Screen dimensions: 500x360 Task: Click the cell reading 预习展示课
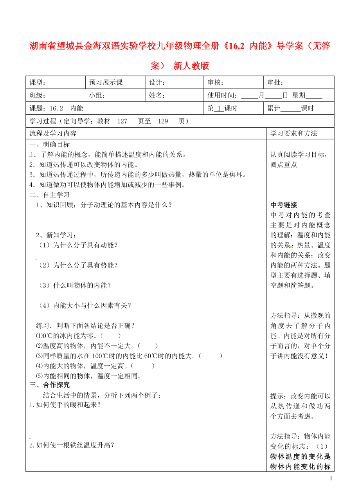pyautogui.click(x=106, y=83)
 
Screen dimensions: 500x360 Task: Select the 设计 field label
pyautogui.click(x=157, y=83)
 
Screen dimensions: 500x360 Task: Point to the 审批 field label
pyautogui.click(x=275, y=83)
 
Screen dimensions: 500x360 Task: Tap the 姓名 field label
pyautogui.click(x=157, y=96)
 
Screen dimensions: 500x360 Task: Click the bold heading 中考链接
pyautogui.click(x=284, y=205)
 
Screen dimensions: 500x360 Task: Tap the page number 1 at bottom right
pyautogui.click(x=331, y=478)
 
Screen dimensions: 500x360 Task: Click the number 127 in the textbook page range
pyautogui.click(x=122, y=121)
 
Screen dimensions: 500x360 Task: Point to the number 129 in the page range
pyautogui.click(x=163, y=121)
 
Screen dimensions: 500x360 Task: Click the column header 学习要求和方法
pyautogui.click(x=293, y=134)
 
